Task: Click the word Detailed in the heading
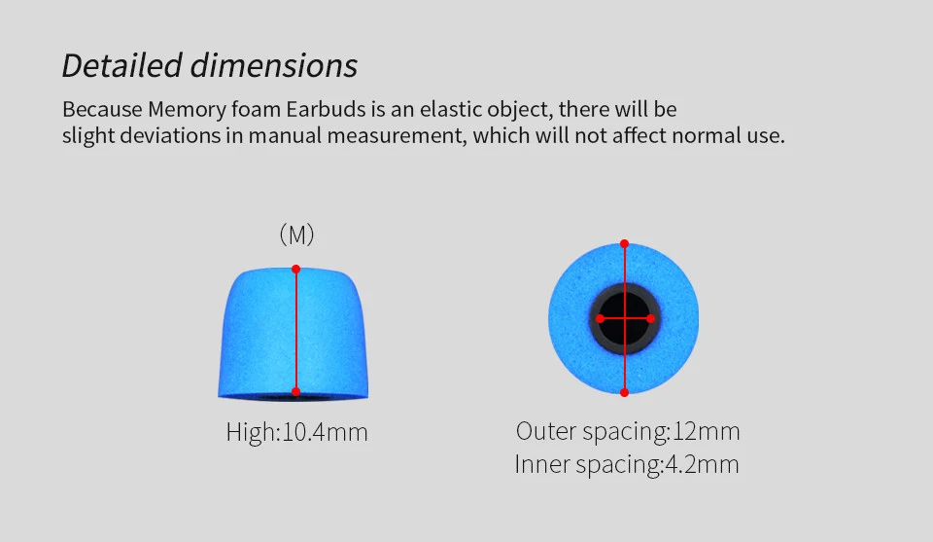(121, 65)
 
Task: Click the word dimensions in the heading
(274, 65)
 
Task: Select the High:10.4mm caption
(296, 431)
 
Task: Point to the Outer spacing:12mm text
(628, 431)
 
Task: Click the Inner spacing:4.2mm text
(627, 464)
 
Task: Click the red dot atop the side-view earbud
(295, 269)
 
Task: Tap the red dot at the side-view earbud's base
(295, 392)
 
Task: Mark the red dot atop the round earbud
(624, 244)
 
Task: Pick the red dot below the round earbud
(624, 392)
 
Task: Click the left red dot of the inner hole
(600, 318)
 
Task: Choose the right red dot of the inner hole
(650, 318)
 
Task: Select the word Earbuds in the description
(326, 107)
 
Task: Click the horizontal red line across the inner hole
(637, 318)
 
